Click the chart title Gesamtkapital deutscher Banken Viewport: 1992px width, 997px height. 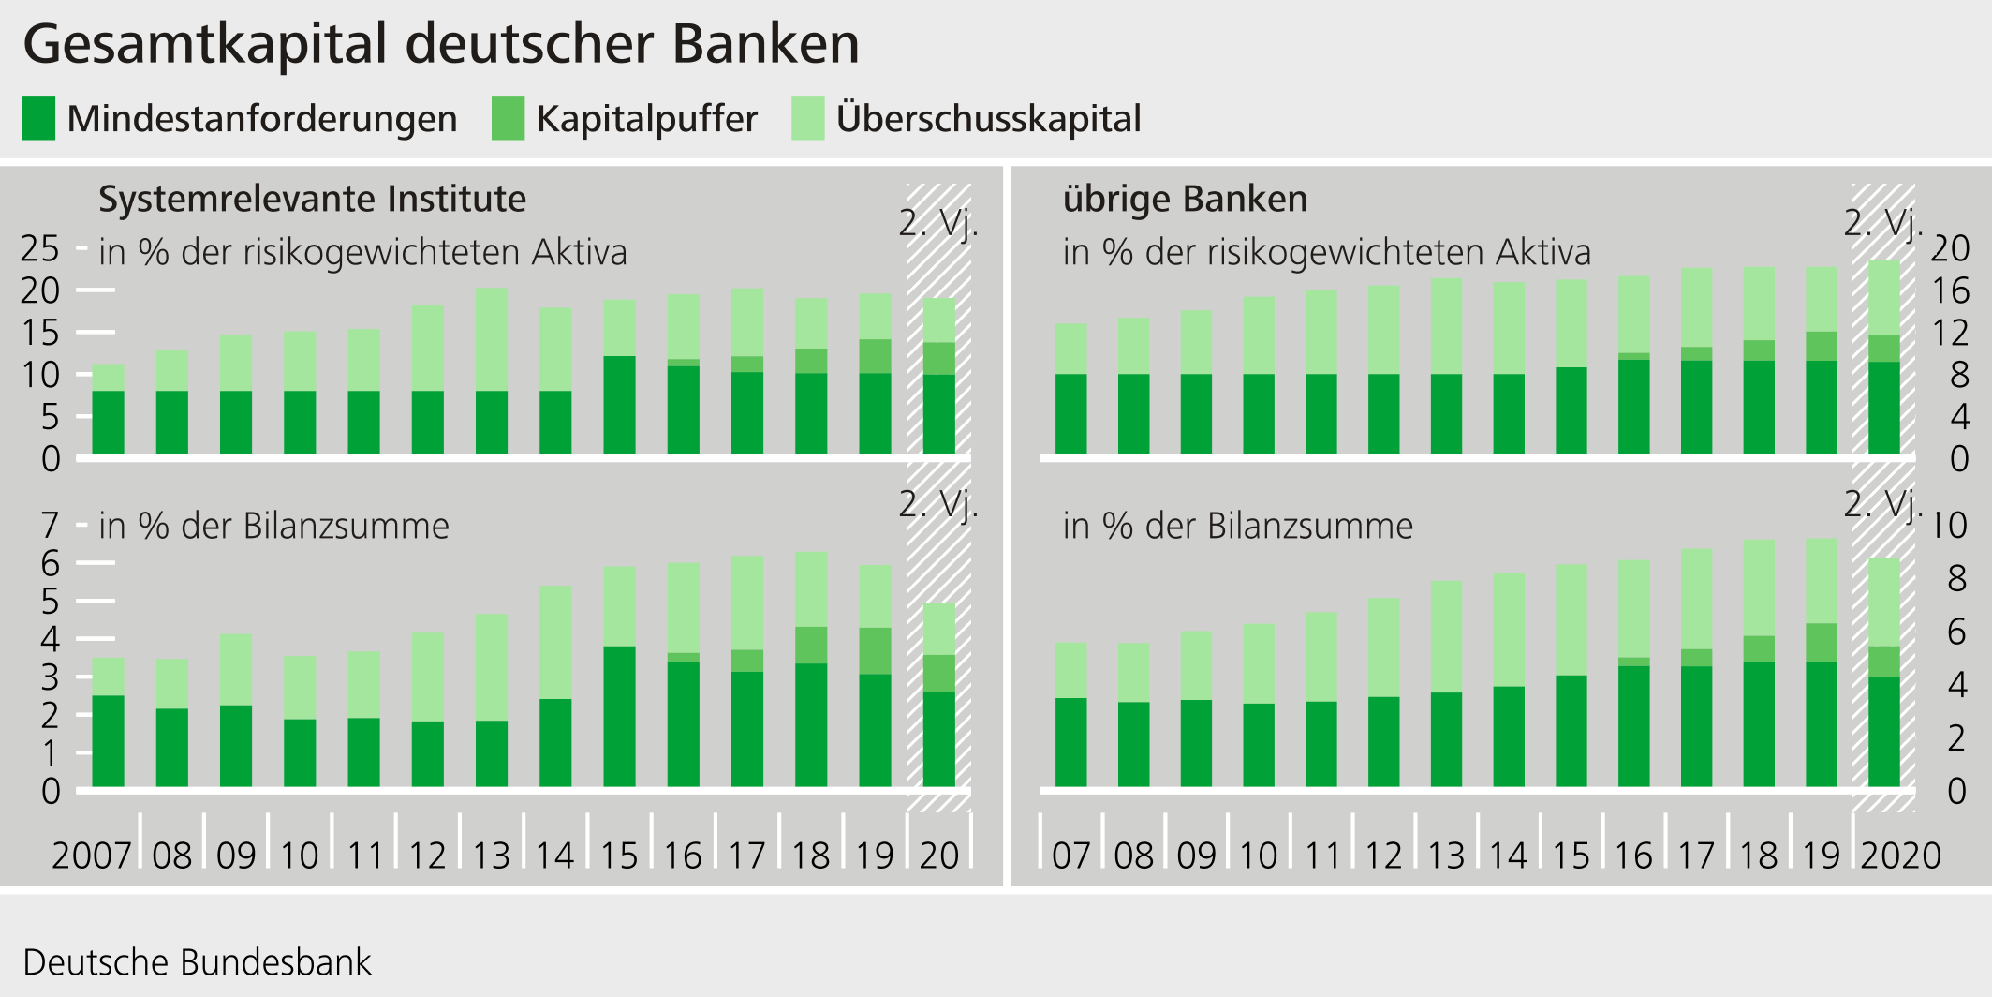tap(440, 44)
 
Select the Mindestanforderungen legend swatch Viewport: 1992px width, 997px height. tap(38, 119)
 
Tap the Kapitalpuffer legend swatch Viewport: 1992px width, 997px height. tap(508, 119)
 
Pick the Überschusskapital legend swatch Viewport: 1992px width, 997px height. tap(807, 119)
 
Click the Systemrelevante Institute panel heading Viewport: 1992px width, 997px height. tap(312, 199)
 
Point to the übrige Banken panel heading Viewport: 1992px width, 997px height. tap(1185, 199)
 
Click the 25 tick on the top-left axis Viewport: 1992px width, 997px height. tap(40, 248)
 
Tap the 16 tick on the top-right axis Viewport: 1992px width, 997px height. tap(1951, 290)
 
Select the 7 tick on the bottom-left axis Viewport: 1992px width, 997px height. tap(51, 526)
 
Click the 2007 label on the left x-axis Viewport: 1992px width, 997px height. tap(91, 856)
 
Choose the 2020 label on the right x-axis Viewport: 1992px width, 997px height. tap(1900, 856)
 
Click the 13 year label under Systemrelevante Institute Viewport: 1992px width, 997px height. tap(491, 856)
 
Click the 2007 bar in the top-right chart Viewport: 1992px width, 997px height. tap(1071, 390)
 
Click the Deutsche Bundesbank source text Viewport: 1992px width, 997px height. tap(197, 962)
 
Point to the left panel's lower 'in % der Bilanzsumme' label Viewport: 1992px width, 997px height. tap(273, 526)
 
